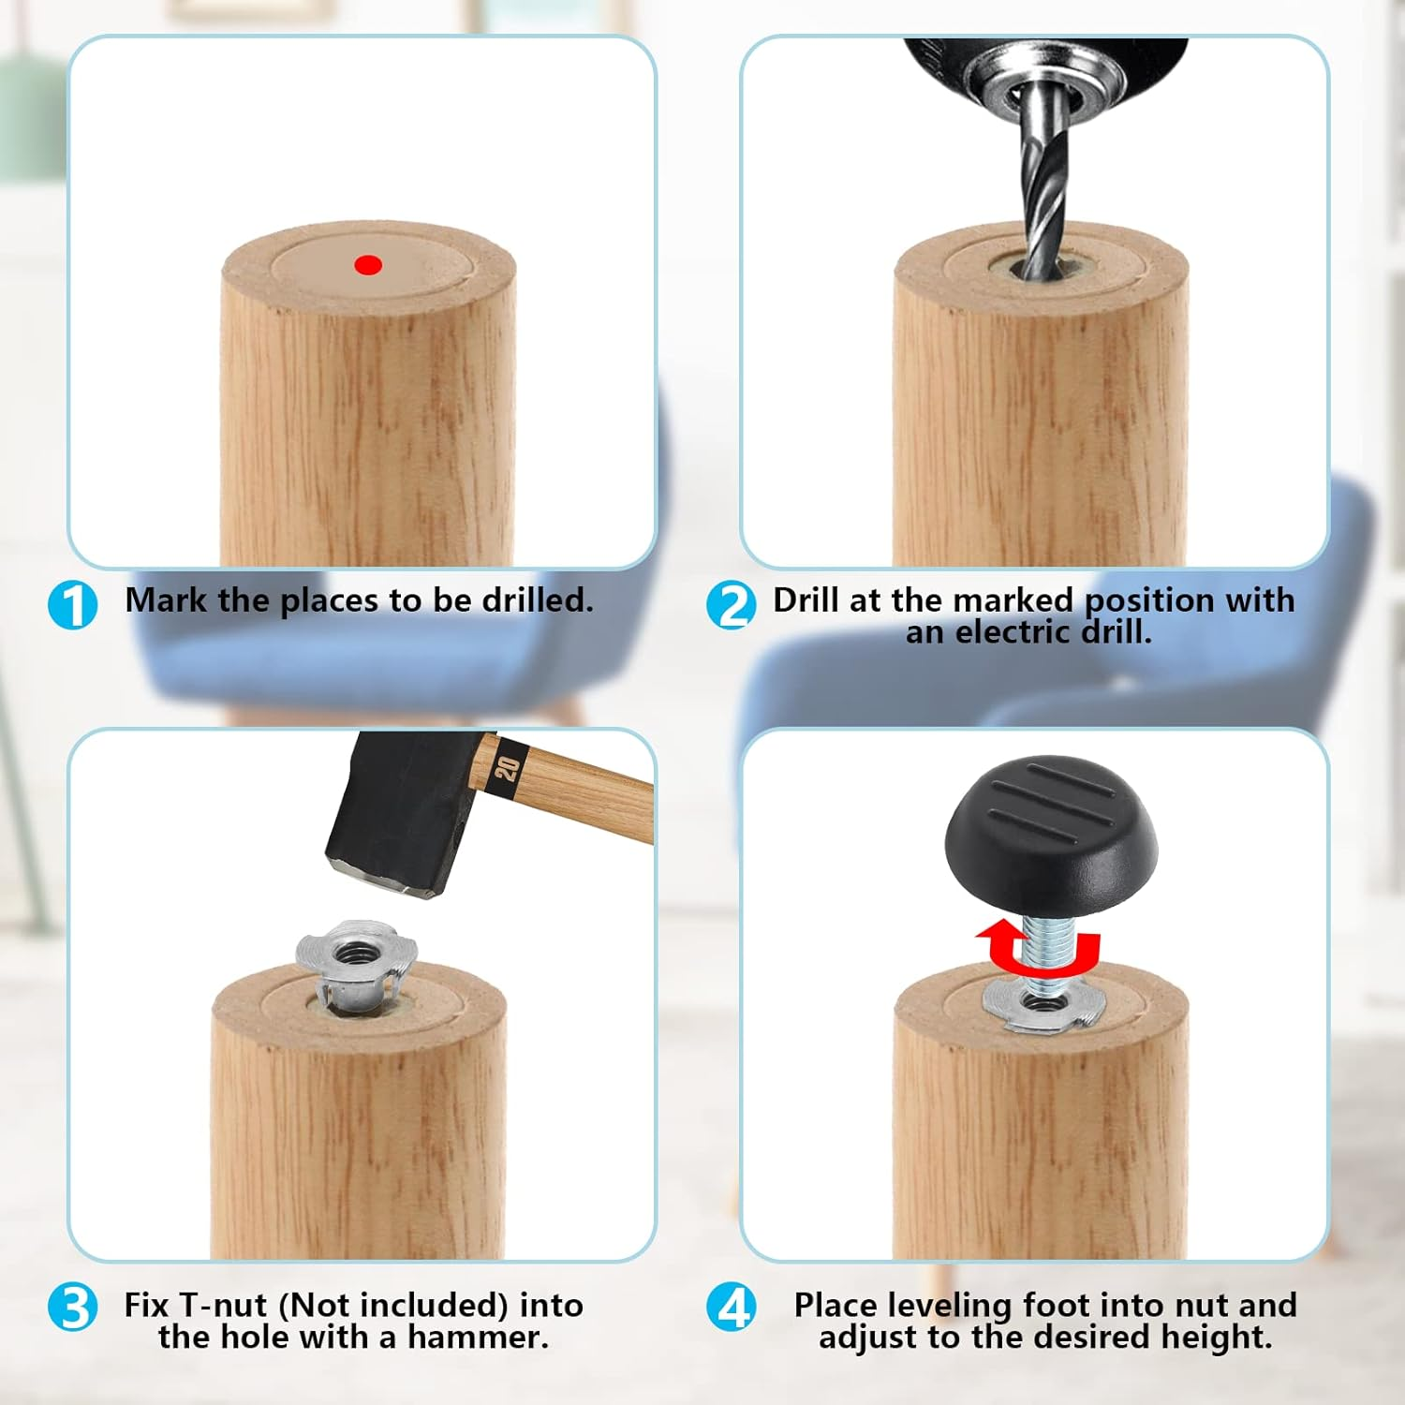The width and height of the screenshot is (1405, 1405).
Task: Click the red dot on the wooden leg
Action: click(368, 265)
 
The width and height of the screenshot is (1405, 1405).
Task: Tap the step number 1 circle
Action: click(73, 605)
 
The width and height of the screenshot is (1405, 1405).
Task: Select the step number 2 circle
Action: click(732, 605)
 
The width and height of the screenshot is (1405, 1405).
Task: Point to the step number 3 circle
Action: click(73, 1308)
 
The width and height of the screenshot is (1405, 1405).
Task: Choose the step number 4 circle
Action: click(732, 1308)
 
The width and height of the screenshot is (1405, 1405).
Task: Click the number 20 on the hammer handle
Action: click(507, 769)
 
